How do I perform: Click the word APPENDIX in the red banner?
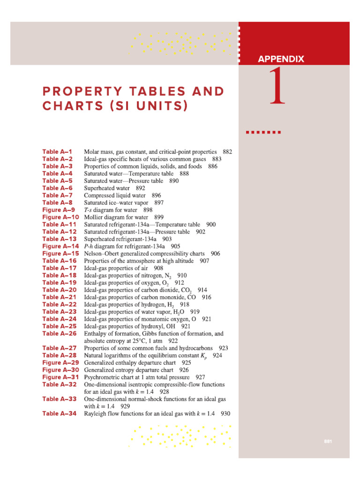click(x=281, y=59)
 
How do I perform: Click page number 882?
click(x=227, y=152)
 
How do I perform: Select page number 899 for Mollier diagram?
click(x=158, y=217)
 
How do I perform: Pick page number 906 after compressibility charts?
click(x=216, y=254)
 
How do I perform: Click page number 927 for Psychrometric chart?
click(x=200, y=377)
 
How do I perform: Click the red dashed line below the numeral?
click(x=263, y=132)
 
